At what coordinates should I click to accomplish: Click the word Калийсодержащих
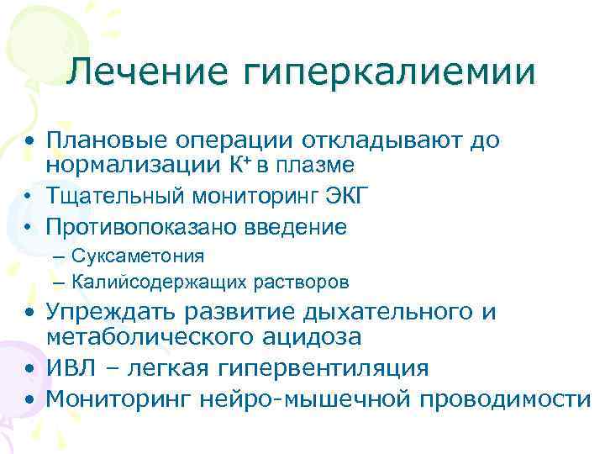coord(155,281)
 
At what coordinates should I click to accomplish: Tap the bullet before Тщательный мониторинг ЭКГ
coord(29,198)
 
